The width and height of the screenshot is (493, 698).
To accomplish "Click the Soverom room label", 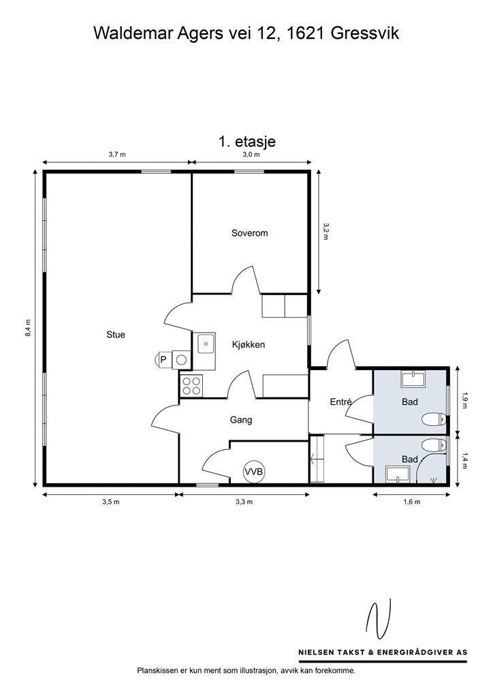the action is (249, 233).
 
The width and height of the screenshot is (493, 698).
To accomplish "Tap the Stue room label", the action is (116, 335).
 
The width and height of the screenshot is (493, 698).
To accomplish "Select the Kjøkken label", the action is (249, 344).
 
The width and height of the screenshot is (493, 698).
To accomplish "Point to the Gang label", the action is (241, 420).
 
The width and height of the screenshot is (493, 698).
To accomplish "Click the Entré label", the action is (340, 401).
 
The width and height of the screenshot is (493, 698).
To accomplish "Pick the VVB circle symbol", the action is (254, 471).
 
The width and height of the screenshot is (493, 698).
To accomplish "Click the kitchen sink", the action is (206, 343).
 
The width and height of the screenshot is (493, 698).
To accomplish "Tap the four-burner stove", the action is (191, 386).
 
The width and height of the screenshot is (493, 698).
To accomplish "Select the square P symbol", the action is (163, 359).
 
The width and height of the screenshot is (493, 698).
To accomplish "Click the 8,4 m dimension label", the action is (28, 328).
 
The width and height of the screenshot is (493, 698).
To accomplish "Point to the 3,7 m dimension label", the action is (117, 155).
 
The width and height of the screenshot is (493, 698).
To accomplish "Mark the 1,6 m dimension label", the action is (412, 502).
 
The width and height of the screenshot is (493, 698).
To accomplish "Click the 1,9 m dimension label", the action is (465, 400).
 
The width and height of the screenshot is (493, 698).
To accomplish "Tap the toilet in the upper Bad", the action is (433, 419).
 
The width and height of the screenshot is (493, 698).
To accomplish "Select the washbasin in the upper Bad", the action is (413, 379).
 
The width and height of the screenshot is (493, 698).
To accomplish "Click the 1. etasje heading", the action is (247, 142).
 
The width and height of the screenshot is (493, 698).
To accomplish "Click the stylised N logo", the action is (379, 618).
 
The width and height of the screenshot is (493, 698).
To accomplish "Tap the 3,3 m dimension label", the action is (244, 502).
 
